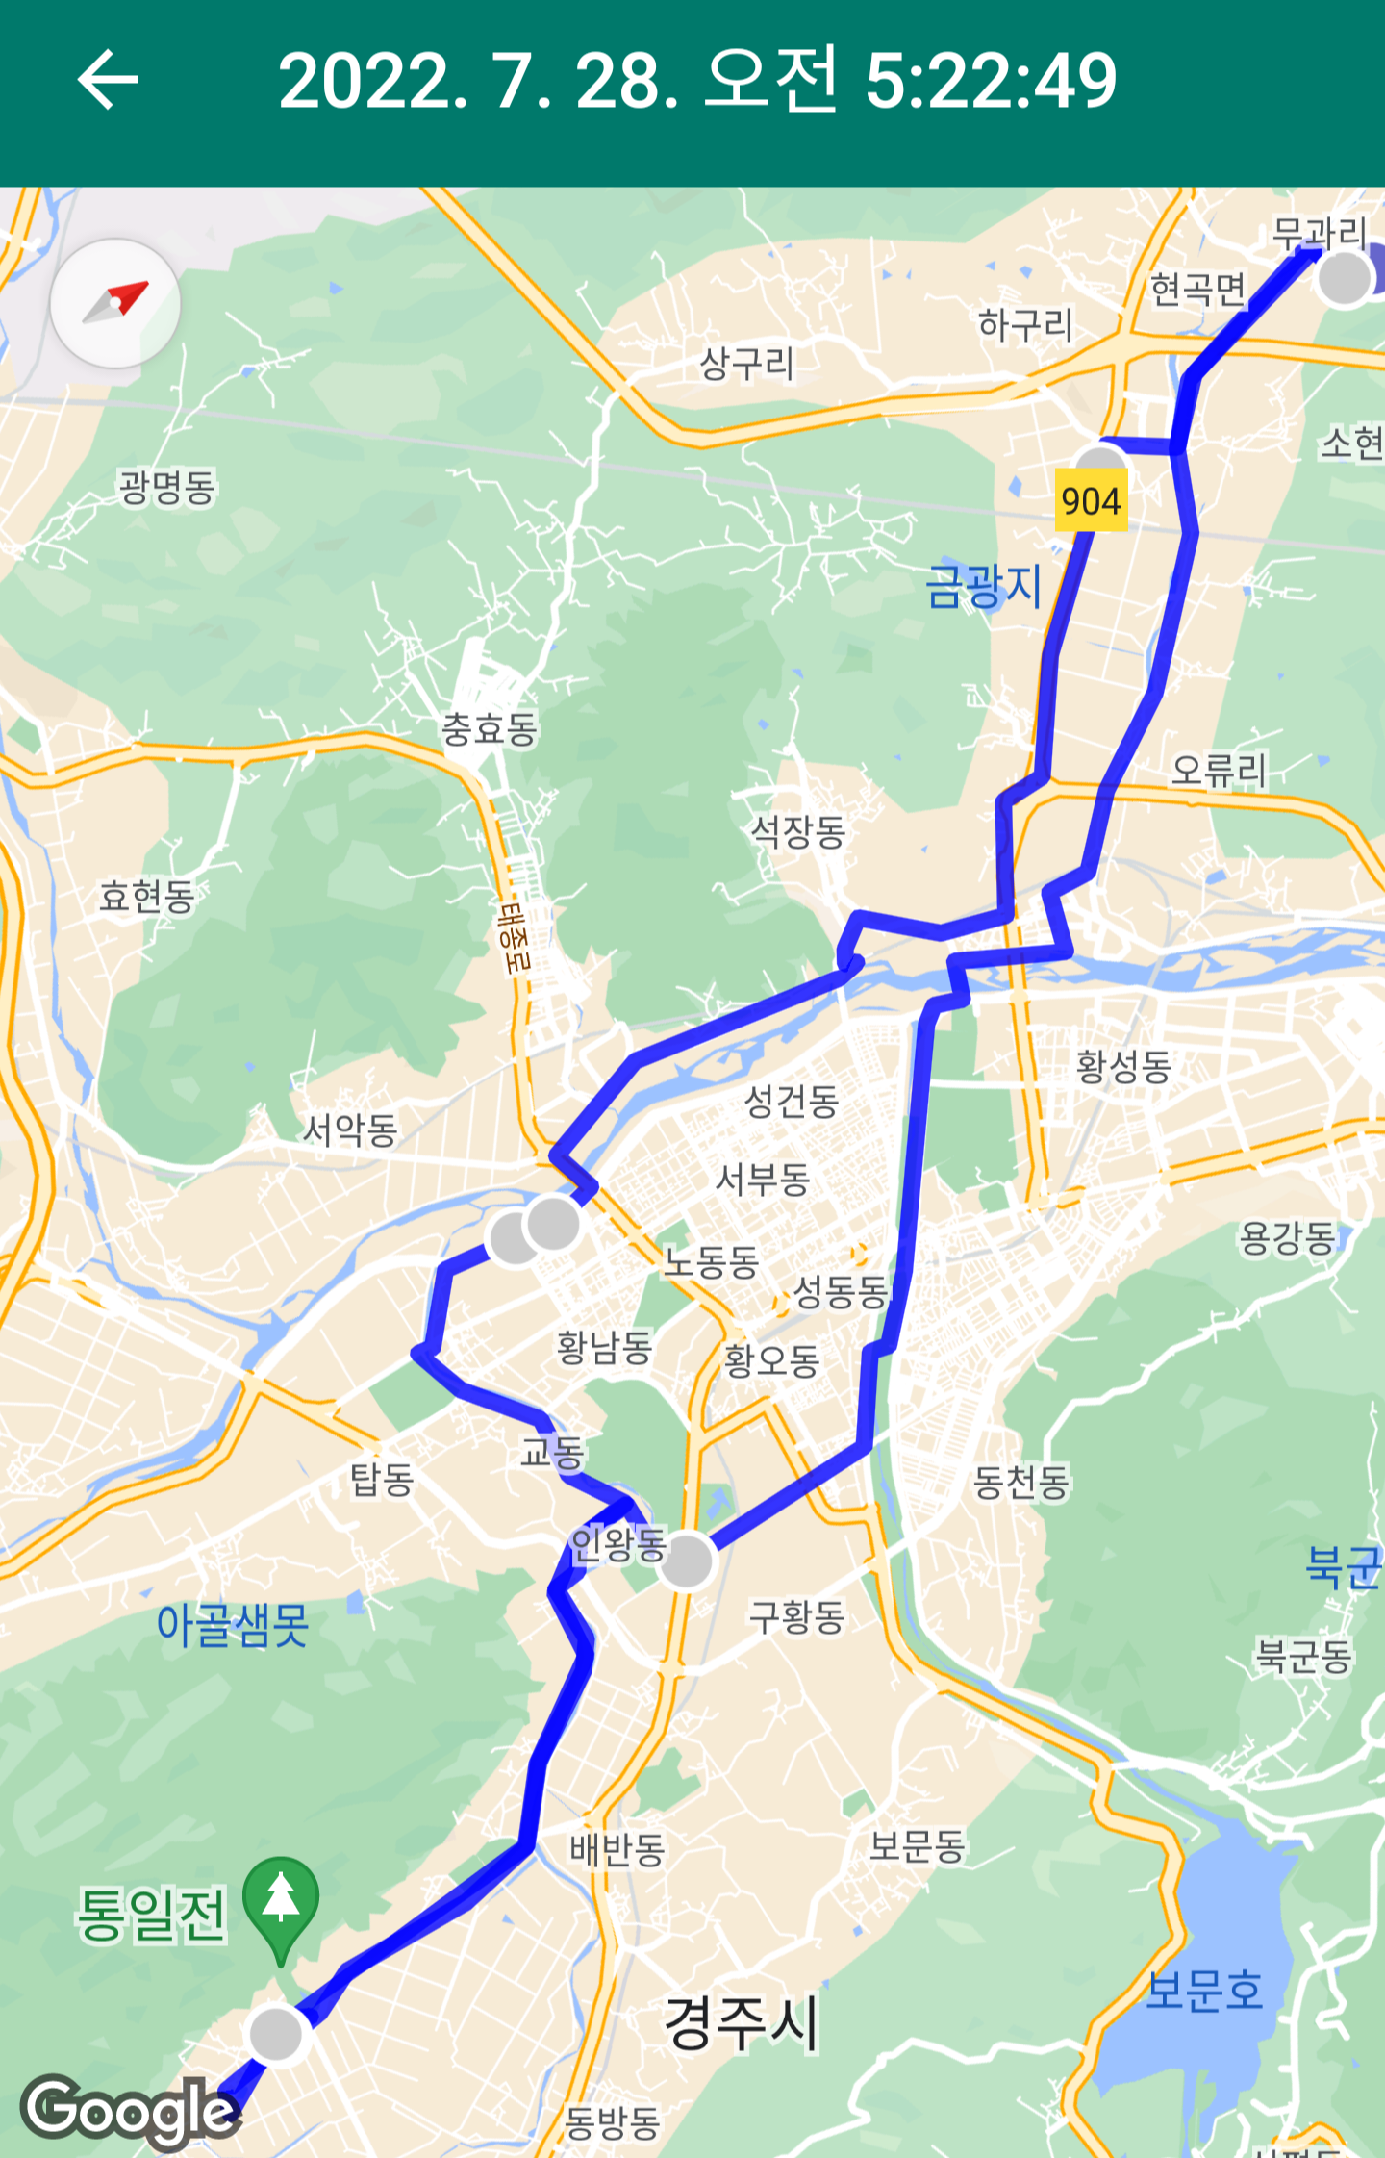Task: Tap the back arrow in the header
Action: [108, 80]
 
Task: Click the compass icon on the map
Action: [115, 303]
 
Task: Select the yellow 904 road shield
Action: [1091, 500]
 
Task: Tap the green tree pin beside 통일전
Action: [281, 1904]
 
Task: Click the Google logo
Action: [129, 2111]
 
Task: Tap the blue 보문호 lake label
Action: [1204, 1989]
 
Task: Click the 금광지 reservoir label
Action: [983, 585]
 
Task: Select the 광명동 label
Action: [167, 487]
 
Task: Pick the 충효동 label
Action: [489, 728]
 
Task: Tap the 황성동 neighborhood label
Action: [1123, 1066]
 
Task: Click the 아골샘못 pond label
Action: [233, 1623]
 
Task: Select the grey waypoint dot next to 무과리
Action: [1344, 278]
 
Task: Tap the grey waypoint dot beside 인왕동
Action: [687, 1560]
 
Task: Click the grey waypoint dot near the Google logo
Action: [277, 2034]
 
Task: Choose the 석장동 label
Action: [797, 830]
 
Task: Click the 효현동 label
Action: [147, 896]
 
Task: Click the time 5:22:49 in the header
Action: [991, 80]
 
